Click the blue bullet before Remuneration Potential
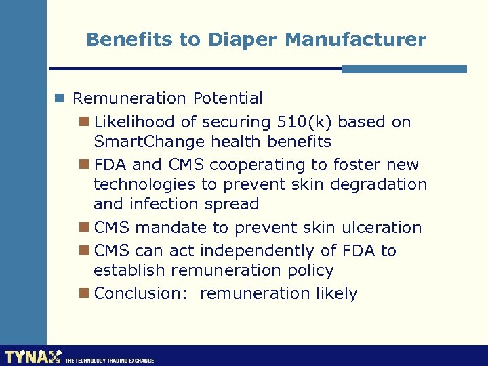(x=60, y=98)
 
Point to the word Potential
(x=228, y=98)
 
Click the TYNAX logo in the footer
(x=33, y=357)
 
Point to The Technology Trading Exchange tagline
(x=110, y=361)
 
